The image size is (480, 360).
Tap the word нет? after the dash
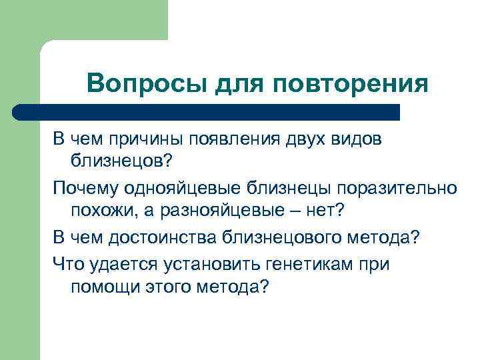326,211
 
